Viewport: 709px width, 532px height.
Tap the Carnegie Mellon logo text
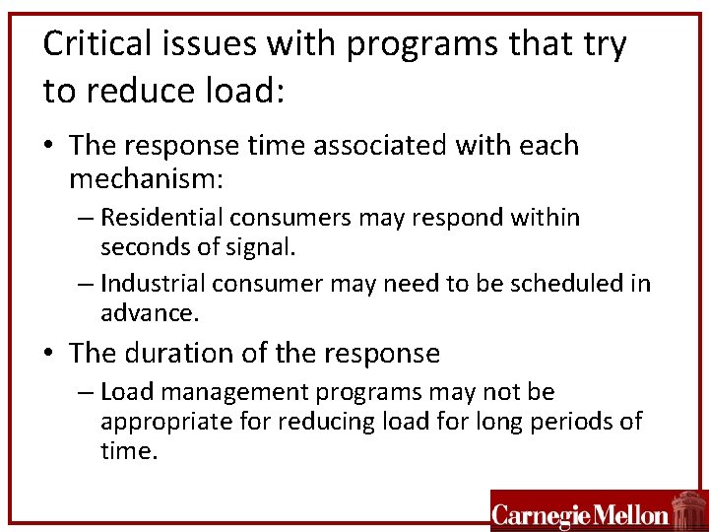[580, 514]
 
